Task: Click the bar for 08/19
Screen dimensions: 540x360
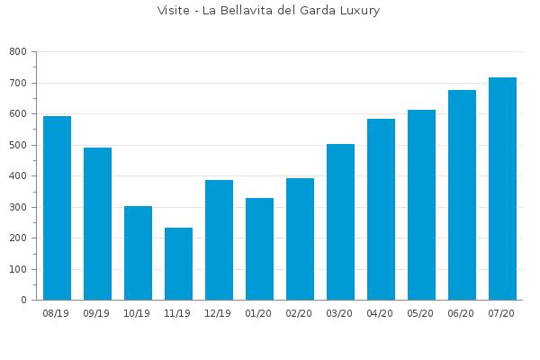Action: tap(58, 208)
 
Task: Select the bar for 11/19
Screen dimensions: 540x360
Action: tap(178, 264)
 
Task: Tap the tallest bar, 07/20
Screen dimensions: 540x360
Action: tap(502, 189)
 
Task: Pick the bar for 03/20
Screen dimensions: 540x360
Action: tap(340, 222)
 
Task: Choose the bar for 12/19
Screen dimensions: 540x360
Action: tap(219, 240)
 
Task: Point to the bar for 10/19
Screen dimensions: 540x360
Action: tap(138, 253)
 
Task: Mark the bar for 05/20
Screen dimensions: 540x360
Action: tap(421, 205)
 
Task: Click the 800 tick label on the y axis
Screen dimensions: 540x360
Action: tap(18, 51)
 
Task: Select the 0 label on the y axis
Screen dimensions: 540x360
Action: tap(23, 300)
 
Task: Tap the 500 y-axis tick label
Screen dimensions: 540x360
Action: tap(18, 145)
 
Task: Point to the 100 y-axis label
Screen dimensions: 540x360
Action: tap(18, 269)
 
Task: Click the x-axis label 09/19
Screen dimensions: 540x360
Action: tap(96, 313)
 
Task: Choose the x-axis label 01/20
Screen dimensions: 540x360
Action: tap(258, 313)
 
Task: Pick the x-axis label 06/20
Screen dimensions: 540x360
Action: tap(461, 313)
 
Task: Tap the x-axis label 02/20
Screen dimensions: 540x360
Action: tap(299, 313)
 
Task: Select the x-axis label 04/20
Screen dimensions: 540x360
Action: tap(380, 313)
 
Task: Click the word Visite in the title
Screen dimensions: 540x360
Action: tap(173, 10)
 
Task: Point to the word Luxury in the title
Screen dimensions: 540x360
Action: tap(360, 11)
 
